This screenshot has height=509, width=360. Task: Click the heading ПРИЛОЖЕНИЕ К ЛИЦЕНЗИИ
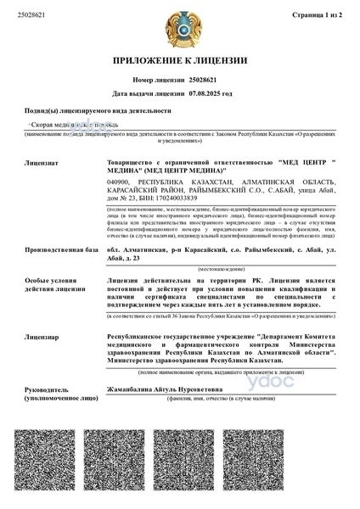(180, 61)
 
